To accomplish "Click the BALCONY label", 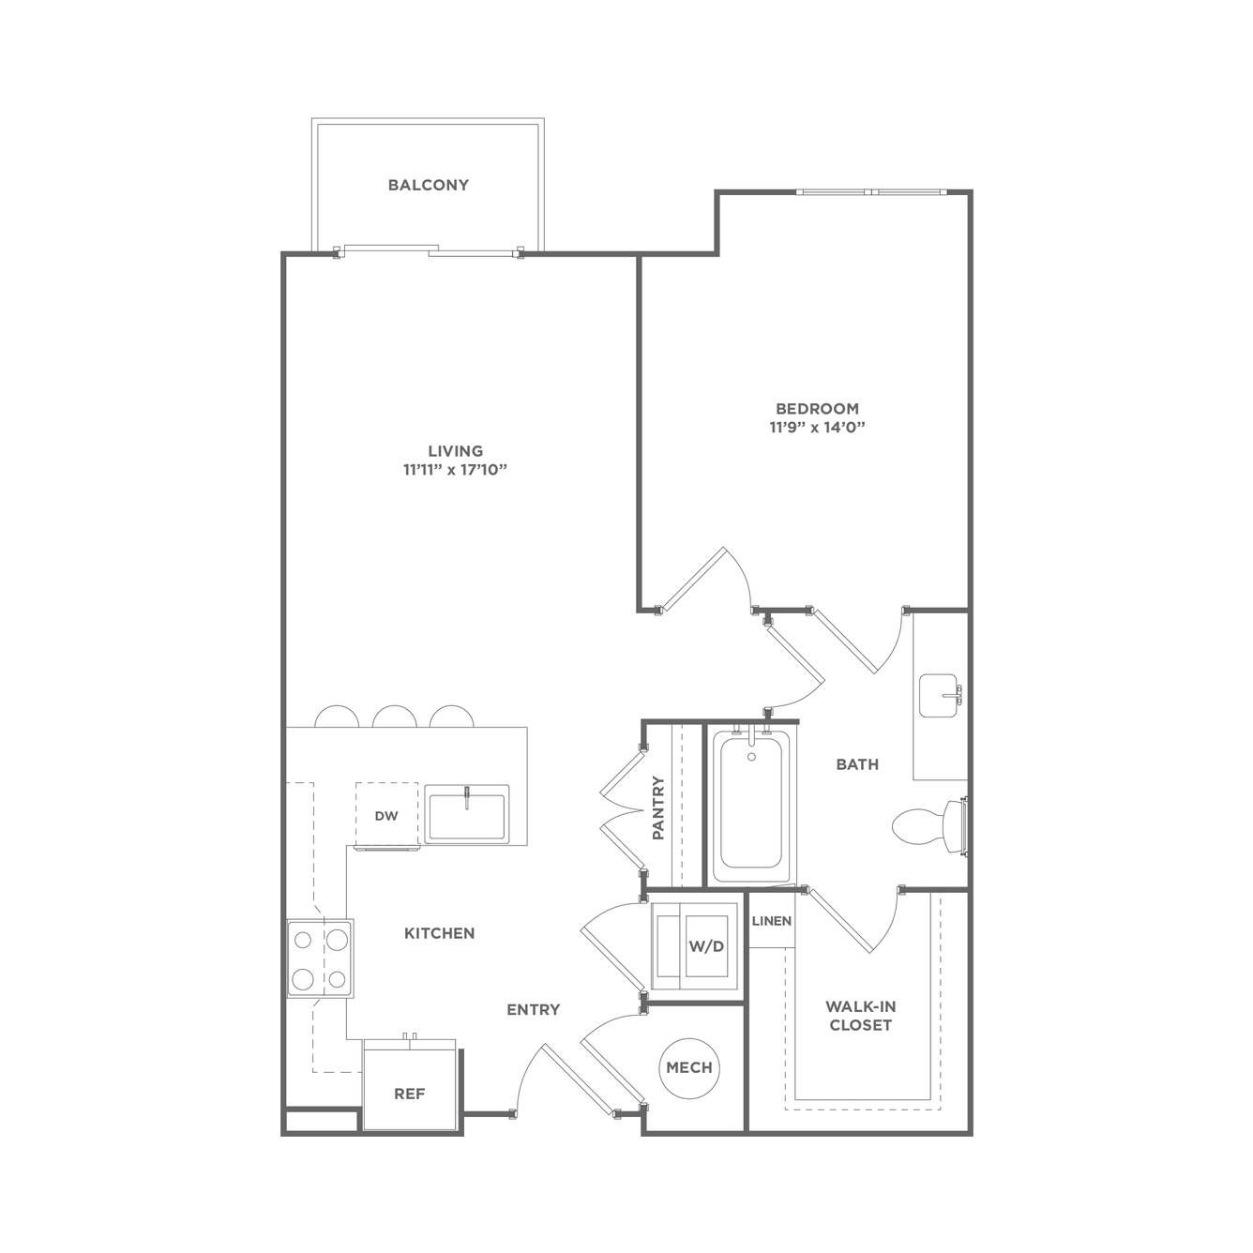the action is [x=429, y=186].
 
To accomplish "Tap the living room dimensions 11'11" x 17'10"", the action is [x=455, y=470].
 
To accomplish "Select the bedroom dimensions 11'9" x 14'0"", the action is [x=817, y=428].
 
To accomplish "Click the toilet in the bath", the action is [x=929, y=826].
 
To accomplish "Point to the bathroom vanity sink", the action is [x=941, y=696].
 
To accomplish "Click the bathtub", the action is [x=751, y=807].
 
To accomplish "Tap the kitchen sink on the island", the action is [x=466, y=815].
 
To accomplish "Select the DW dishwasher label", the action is [x=386, y=816].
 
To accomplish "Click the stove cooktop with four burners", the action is [x=321, y=959].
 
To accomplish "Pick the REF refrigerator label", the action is [x=410, y=1094].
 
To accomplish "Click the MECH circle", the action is [x=690, y=1067].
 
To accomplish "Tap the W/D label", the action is [x=706, y=946].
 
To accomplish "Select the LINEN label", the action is [x=772, y=921].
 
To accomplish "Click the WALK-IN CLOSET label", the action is [x=861, y=1016].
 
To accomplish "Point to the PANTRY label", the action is [x=658, y=808].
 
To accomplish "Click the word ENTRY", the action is [x=534, y=1009].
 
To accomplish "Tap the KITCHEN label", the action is [x=440, y=933].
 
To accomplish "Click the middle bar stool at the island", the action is [x=394, y=716].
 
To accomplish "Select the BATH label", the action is [x=857, y=764].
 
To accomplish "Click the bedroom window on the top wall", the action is [x=872, y=192].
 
